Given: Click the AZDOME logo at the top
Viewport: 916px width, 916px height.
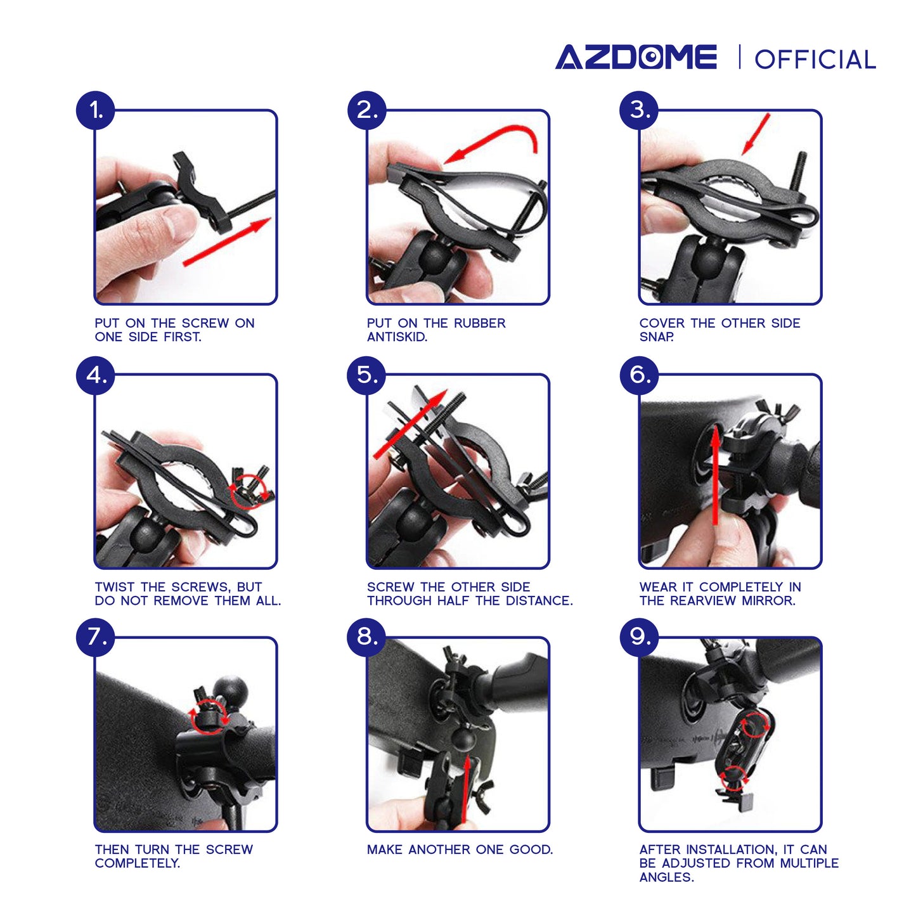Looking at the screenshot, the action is [x=636, y=58].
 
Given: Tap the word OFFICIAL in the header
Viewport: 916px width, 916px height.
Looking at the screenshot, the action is [x=815, y=60].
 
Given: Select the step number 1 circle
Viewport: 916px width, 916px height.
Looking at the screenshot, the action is [x=96, y=110].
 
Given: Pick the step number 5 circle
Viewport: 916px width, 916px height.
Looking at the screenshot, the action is [x=366, y=375].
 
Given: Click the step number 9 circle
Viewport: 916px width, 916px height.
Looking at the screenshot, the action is [x=639, y=637].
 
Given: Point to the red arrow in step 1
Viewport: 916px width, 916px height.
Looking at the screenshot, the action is [x=227, y=242].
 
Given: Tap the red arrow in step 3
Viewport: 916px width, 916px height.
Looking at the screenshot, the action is [x=756, y=134].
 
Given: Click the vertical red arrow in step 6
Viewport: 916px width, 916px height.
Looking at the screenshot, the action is [x=716, y=475].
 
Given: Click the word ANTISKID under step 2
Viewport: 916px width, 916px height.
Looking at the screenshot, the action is [x=397, y=337].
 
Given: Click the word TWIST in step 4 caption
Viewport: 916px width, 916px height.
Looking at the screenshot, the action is [x=115, y=587].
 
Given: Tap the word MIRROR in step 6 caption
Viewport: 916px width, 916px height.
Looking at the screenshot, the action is [x=768, y=601].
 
